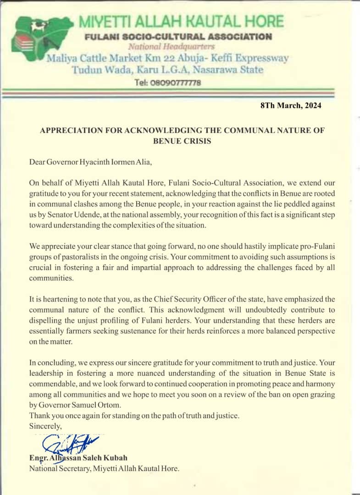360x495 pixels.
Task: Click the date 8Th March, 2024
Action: coord(291,105)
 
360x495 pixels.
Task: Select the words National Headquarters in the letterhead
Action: coord(171,46)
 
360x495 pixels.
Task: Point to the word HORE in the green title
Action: coord(263,21)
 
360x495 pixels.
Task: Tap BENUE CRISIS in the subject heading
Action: coord(182,141)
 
